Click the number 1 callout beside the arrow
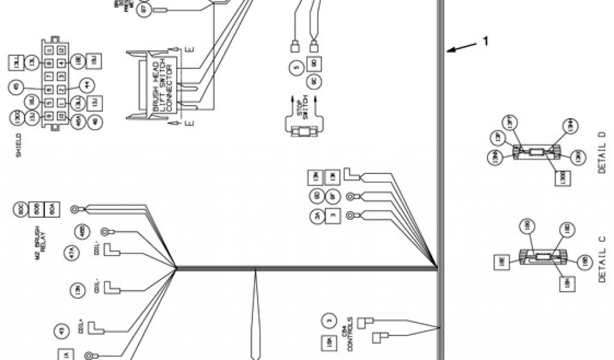(x=486, y=41)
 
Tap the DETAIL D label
(x=603, y=154)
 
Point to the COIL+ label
(x=83, y=329)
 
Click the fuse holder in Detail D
(x=535, y=152)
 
